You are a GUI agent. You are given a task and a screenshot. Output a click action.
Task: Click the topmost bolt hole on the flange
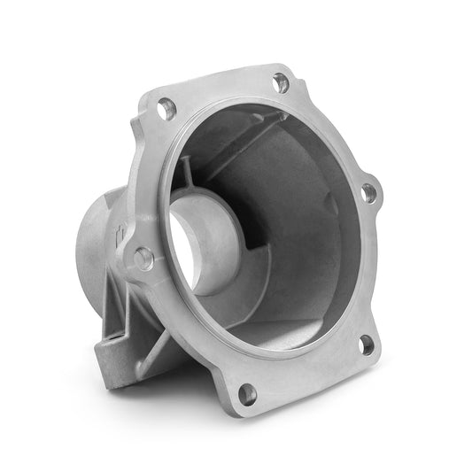pyautogui.click(x=281, y=82)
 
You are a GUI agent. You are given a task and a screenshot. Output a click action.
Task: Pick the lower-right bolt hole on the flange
pyautogui.click(x=366, y=344)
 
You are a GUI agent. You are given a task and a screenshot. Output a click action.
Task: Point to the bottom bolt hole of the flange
pyautogui.click(x=248, y=393)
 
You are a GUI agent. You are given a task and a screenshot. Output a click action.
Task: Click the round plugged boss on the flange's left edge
pyautogui.click(x=143, y=259)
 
